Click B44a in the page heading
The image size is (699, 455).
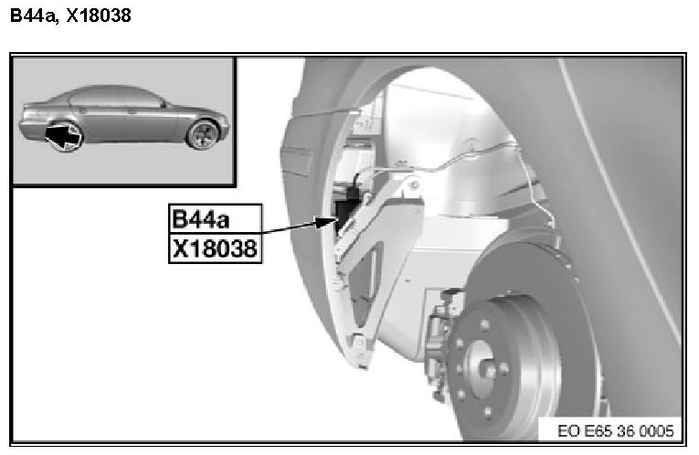[x=34, y=16]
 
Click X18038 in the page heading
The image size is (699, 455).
[x=99, y=16]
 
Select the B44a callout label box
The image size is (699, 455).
[x=216, y=218]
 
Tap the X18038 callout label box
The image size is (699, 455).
[x=216, y=249]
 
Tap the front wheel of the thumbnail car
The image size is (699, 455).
[x=203, y=134]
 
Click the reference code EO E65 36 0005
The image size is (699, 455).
[x=616, y=431]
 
